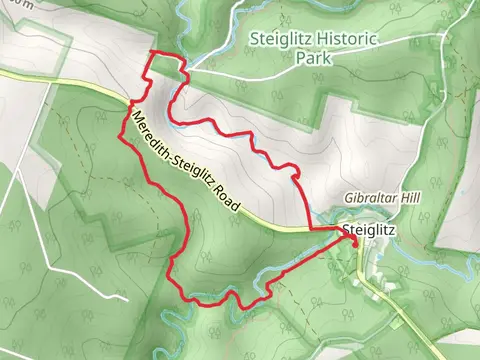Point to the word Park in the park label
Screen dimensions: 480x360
tap(313, 57)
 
